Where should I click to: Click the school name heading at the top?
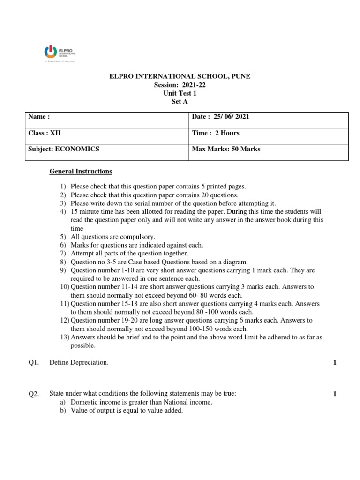pyautogui.click(x=180, y=76)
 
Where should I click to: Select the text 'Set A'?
pyautogui.click(x=180, y=101)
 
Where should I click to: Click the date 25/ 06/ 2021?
pyautogui.click(x=231, y=117)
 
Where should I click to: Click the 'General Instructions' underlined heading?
pyautogui.click(x=81, y=172)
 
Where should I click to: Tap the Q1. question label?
pyautogui.click(x=34, y=362)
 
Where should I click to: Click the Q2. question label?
pyautogui.click(x=34, y=394)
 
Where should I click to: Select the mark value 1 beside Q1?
pyautogui.click(x=335, y=362)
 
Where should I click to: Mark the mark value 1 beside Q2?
pyautogui.click(x=335, y=394)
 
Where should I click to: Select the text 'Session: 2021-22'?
pyautogui.click(x=180, y=85)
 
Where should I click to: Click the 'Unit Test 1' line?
pyautogui.click(x=180, y=93)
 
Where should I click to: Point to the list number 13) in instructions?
pyautogui.click(x=65, y=337)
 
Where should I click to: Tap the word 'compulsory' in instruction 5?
pyautogui.click(x=138, y=237)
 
